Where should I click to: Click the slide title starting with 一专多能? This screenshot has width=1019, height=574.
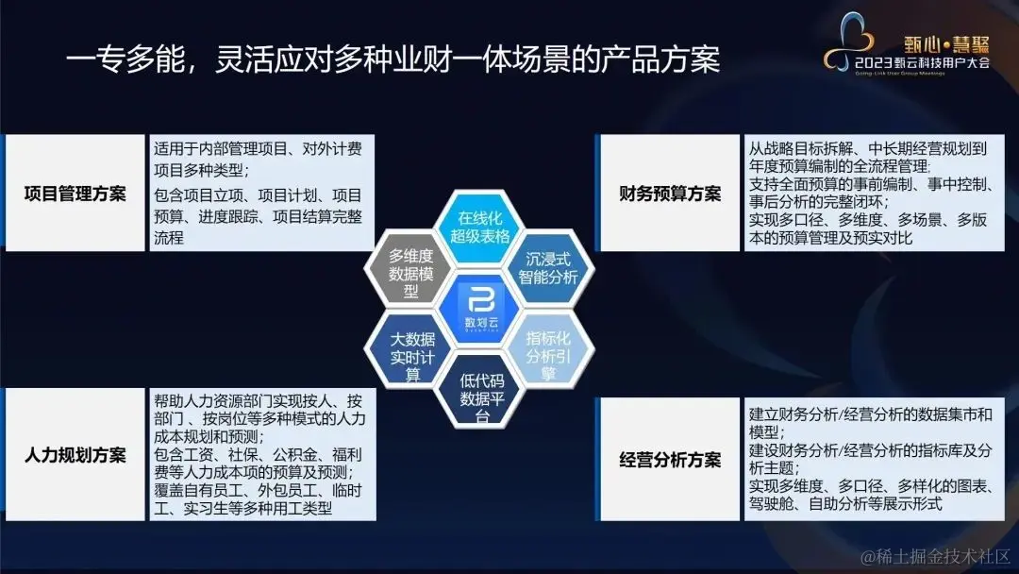[x=393, y=59]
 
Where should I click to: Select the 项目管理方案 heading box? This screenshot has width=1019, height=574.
[x=75, y=194]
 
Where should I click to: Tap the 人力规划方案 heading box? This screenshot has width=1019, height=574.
[x=75, y=454]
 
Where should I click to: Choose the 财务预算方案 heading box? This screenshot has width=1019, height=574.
[x=669, y=194]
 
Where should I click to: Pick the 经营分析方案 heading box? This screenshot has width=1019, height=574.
[x=669, y=460]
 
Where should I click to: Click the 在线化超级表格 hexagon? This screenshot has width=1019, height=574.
[x=479, y=227]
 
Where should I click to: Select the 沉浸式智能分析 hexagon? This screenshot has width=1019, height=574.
[x=548, y=268]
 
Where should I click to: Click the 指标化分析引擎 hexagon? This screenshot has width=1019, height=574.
[x=548, y=352]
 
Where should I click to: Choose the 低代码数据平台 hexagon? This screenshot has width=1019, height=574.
[x=481, y=390]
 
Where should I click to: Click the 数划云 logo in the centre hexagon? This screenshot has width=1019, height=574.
[x=481, y=308]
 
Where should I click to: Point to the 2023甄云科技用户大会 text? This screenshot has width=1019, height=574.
[x=922, y=63]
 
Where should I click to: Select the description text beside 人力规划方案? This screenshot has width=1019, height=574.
[x=259, y=454]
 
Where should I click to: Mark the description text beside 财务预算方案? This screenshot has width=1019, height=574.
[x=872, y=194]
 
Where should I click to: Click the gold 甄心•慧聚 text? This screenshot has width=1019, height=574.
[x=947, y=44]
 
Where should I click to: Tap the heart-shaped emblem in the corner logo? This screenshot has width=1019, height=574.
[x=848, y=42]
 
